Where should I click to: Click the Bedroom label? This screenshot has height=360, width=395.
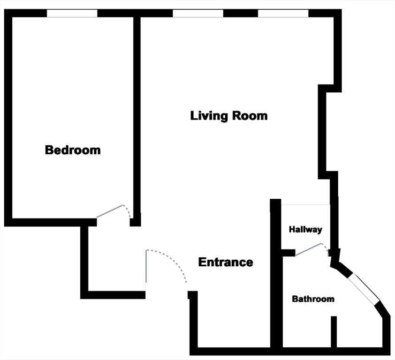(x=73, y=150)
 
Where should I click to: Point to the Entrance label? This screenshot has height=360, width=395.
(x=226, y=262)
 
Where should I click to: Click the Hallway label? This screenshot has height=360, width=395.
(x=305, y=230)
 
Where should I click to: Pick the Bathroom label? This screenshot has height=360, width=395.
(x=313, y=299)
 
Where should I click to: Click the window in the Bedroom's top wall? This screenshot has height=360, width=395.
(x=72, y=14)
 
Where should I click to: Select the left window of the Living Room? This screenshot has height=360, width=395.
(x=197, y=14)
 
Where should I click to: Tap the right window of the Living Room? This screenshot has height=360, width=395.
(x=283, y=14)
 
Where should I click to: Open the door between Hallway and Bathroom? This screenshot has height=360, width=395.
(x=308, y=249)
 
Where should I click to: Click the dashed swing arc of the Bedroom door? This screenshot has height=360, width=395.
(x=128, y=211)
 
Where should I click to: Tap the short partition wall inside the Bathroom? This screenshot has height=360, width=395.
(x=334, y=332)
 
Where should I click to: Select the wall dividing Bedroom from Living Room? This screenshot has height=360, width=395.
(x=137, y=117)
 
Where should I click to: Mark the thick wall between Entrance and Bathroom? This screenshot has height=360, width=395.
(x=276, y=281)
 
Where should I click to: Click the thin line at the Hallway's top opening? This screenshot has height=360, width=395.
(x=305, y=204)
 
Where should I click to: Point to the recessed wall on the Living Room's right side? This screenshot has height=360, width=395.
(x=322, y=131)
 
